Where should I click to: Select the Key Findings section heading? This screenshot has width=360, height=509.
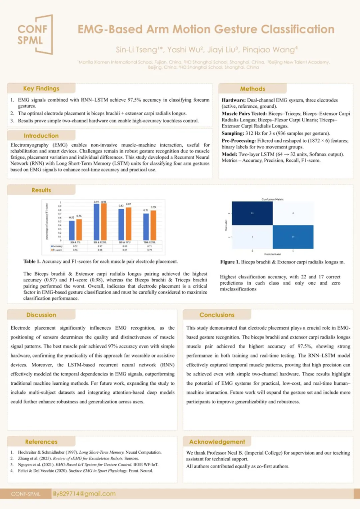(x=41, y=89)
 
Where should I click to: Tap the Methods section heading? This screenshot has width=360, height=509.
(x=252, y=89)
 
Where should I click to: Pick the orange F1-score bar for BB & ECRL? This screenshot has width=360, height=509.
(x=104, y=221)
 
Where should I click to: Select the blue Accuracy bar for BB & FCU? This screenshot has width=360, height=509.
(x=121, y=224)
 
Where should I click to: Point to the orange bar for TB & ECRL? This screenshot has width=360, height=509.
(x=153, y=225)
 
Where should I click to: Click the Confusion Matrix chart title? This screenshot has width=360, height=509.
(x=273, y=199)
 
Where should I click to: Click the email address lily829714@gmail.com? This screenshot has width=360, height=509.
(x=84, y=494)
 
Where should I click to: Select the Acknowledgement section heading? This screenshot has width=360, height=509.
(x=217, y=442)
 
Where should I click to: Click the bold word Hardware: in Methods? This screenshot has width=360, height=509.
(x=233, y=100)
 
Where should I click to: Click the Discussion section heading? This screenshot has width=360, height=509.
(x=41, y=315)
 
